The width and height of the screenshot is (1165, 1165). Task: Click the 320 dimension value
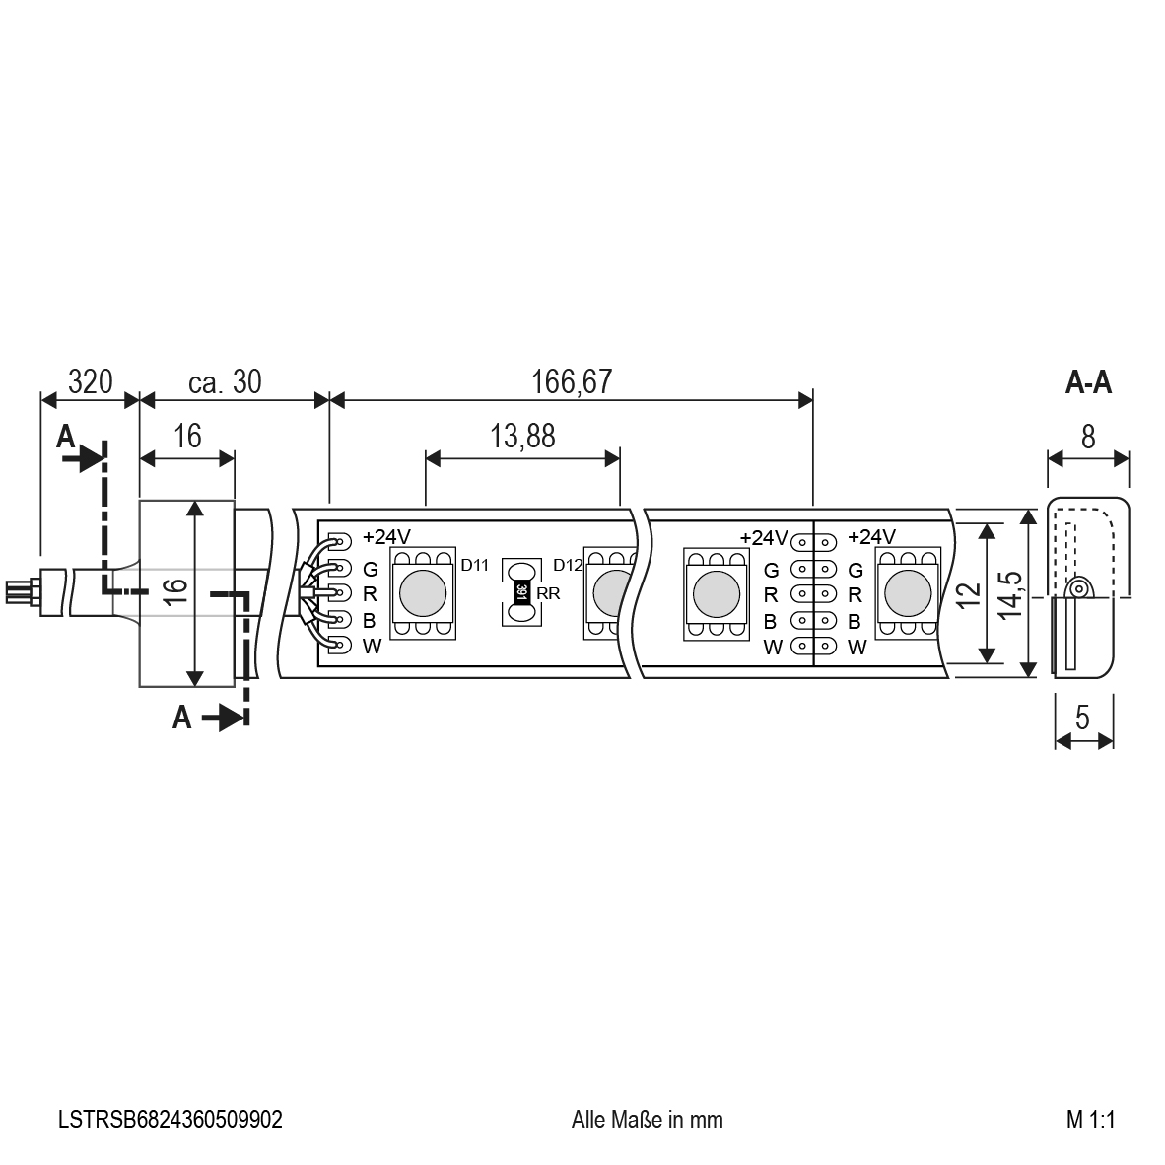click(90, 381)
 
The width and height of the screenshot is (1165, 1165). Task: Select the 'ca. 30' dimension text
click(225, 381)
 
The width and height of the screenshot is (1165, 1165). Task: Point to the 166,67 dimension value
click(572, 381)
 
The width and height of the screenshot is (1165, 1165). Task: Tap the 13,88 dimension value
click(522, 436)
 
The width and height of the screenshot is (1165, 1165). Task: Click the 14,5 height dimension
click(1011, 594)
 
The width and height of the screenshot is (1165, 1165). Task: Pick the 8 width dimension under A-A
click(1088, 437)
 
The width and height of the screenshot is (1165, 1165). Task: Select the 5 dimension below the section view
click(1082, 718)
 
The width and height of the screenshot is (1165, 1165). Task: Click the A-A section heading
click(1088, 382)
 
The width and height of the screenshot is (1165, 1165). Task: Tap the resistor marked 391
click(520, 592)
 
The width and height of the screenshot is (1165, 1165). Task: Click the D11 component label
click(475, 565)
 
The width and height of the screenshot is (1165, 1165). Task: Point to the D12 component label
click(569, 565)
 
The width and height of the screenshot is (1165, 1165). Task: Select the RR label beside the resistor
click(548, 593)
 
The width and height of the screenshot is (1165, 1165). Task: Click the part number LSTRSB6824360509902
click(171, 1119)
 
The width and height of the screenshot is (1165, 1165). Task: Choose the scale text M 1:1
click(1091, 1119)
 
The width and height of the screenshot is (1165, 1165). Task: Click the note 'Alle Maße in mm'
click(648, 1119)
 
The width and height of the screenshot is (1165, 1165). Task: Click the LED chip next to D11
click(423, 593)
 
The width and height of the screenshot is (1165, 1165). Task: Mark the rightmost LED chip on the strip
click(908, 593)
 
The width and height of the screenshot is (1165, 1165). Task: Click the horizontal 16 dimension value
click(187, 436)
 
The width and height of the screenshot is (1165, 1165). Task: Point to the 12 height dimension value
click(970, 594)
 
